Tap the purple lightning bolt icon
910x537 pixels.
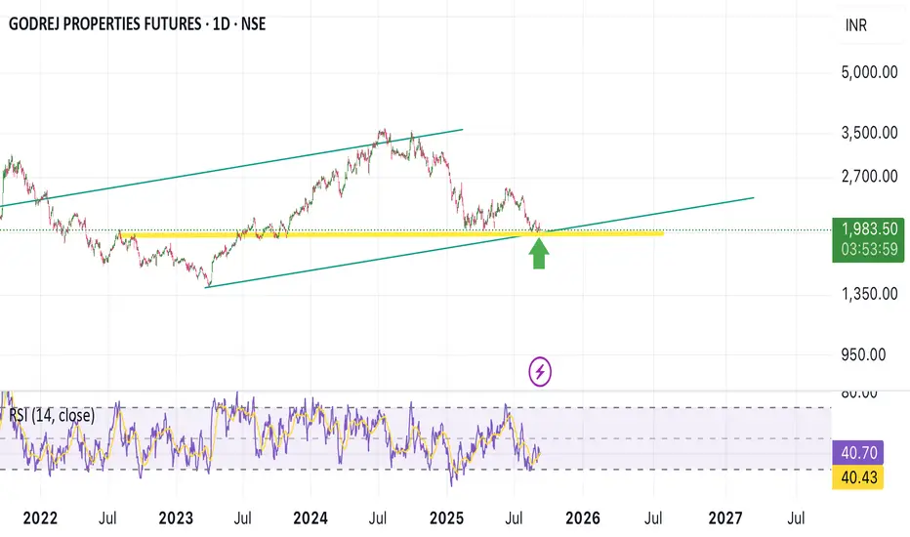tap(540, 371)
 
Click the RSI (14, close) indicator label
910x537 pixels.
tap(53, 416)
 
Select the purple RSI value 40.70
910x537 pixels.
tap(857, 453)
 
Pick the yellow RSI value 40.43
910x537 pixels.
tap(857, 477)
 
